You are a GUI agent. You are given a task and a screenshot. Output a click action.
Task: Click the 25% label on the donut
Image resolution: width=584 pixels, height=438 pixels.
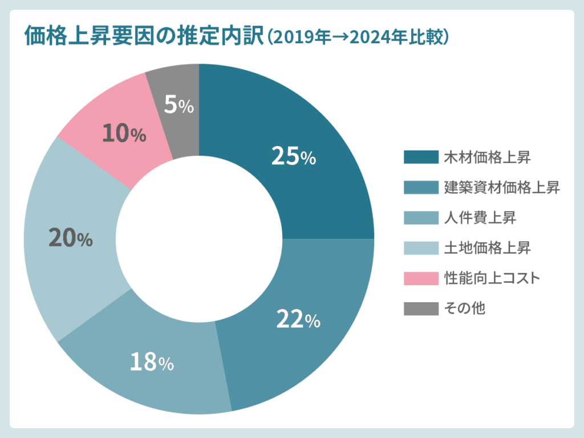[x=293, y=156]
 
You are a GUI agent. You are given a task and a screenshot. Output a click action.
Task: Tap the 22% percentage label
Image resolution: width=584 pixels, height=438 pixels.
[x=298, y=319]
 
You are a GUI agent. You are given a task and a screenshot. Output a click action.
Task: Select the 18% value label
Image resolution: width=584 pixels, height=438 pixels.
[x=151, y=362]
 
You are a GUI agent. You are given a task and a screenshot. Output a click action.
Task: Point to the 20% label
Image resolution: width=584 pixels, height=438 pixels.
[x=70, y=238]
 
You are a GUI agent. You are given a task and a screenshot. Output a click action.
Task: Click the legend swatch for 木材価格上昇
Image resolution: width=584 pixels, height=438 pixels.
[x=421, y=157]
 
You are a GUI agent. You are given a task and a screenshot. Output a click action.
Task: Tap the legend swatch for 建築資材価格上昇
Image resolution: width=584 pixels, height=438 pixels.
[x=421, y=187]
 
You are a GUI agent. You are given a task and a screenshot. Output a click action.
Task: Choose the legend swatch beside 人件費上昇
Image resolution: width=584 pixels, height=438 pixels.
[x=421, y=217]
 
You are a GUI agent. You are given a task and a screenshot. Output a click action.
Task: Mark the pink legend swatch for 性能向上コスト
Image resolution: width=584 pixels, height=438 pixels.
[x=421, y=278]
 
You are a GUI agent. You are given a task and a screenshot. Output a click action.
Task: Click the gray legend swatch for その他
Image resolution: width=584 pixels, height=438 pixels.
[x=421, y=309]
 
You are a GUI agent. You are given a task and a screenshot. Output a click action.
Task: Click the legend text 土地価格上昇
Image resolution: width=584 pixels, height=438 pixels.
[x=488, y=248]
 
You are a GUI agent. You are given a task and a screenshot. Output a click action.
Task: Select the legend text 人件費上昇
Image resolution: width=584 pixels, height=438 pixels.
[x=480, y=217]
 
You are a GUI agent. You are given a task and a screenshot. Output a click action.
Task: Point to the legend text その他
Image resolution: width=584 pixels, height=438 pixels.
[x=465, y=309]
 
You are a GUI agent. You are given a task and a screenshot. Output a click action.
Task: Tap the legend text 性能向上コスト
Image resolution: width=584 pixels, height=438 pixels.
[x=492, y=278]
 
